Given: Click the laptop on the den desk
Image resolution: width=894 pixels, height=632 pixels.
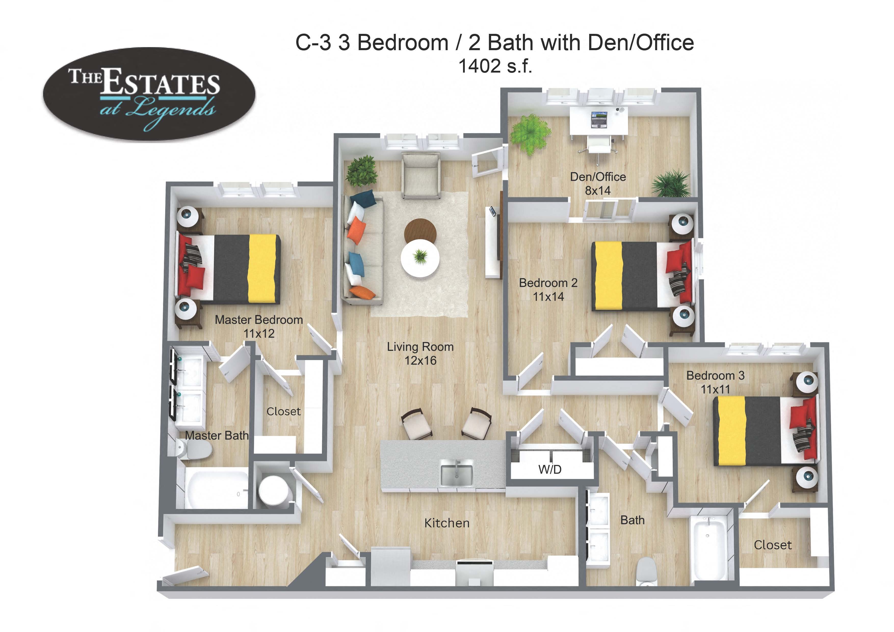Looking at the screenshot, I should coord(599,120).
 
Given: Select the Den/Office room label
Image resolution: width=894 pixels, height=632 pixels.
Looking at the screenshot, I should coord(598,183).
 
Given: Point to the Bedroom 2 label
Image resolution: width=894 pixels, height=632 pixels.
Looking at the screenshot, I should coord(548,290).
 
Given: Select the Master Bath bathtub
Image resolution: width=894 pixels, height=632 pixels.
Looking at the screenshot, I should coord(216,489).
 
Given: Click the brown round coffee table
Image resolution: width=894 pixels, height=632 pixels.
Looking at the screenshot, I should coord(420,230).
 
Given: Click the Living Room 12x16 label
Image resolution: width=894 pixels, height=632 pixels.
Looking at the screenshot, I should coord(420,353).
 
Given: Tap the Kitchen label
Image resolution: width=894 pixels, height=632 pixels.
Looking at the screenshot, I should coord(446,523).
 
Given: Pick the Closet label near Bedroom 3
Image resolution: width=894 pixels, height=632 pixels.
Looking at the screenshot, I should coord(772,545).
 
